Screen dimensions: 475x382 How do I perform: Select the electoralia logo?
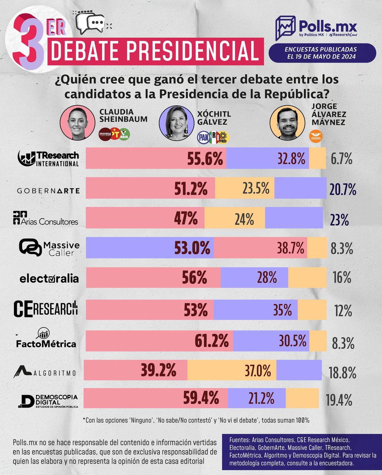point(49,278)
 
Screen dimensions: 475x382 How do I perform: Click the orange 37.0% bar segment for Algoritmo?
point(231,371)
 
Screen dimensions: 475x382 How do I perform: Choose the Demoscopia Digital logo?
point(48,400)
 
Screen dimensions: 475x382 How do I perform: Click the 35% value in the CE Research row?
point(283,309)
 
